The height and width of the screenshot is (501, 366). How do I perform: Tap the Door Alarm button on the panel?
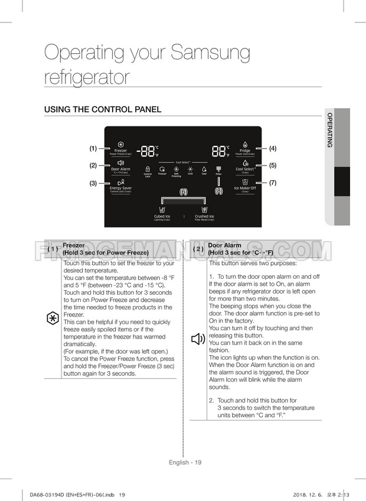(120, 165)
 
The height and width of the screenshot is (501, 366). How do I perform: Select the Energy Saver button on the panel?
(120, 185)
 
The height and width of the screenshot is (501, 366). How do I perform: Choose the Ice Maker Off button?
(245, 185)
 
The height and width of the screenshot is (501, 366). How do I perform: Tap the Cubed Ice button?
(162, 213)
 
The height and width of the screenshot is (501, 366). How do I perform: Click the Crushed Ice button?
(204, 213)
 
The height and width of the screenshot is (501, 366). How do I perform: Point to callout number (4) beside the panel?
(273, 148)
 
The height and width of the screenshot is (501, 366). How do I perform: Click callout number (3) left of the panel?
(93, 183)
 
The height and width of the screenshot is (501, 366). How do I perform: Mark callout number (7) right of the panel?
(273, 183)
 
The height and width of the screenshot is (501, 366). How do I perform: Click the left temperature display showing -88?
(146, 151)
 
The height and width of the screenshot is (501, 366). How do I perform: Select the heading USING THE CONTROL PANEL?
(103, 110)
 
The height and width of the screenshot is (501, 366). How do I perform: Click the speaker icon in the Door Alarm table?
(198, 339)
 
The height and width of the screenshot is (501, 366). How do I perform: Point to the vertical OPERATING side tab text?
(329, 130)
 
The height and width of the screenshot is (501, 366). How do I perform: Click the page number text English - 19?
(185, 462)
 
